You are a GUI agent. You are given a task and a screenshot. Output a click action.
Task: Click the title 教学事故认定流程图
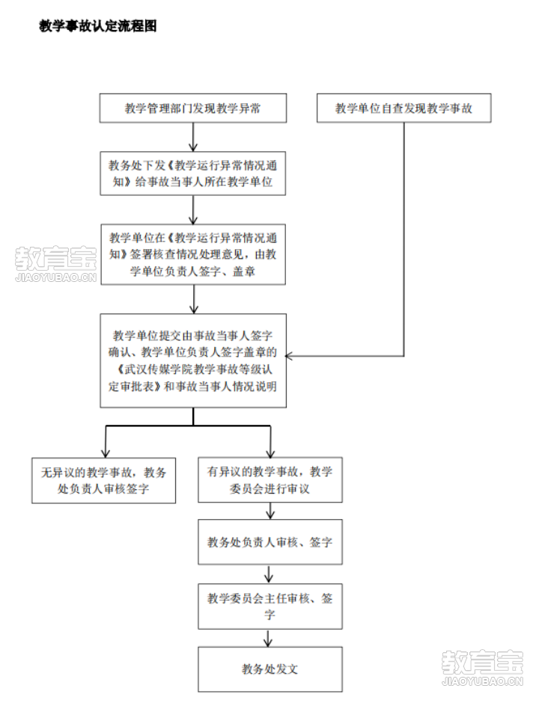pyautogui.click(x=98, y=26)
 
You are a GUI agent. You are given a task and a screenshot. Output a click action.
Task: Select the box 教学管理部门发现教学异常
pyautogui.click(x=193, y=108)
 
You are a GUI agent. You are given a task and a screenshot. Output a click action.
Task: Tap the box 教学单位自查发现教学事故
pyautogui.click(x=404, y=108)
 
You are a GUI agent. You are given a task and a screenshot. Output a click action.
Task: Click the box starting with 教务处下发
pyautogui.click(x=193, y=174)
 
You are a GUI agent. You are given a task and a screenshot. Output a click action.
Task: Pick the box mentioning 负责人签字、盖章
pyautogui.click(x=193, y=254)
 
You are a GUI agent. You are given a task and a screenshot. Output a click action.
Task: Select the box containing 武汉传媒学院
pyautogui.click(x=193, y=360)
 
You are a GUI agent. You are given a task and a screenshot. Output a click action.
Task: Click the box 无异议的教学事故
pyautogui.click(x=104, y=480)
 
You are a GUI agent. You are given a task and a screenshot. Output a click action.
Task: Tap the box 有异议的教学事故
pyautogui.click(x=270, y=480)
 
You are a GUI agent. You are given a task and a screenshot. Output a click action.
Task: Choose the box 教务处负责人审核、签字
pyautogui.click(x=270, y=542)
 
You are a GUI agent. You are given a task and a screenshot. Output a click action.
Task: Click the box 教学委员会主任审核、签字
pyautogui.click(x=270, y=606)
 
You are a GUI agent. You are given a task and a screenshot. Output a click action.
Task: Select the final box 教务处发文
pyautogui.click(x=270, y=669)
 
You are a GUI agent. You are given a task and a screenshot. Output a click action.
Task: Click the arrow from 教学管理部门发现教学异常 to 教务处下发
pyautogui.click(x=193, y=138)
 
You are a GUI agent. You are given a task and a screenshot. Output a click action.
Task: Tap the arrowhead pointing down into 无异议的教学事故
pyautogui.click(x=106, y=452)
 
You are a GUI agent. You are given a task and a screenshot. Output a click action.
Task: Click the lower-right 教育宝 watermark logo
pyautogui.click(x=482, y=666)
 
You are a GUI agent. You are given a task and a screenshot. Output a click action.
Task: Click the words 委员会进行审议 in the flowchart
pyautogui.click(x=270, y=490)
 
